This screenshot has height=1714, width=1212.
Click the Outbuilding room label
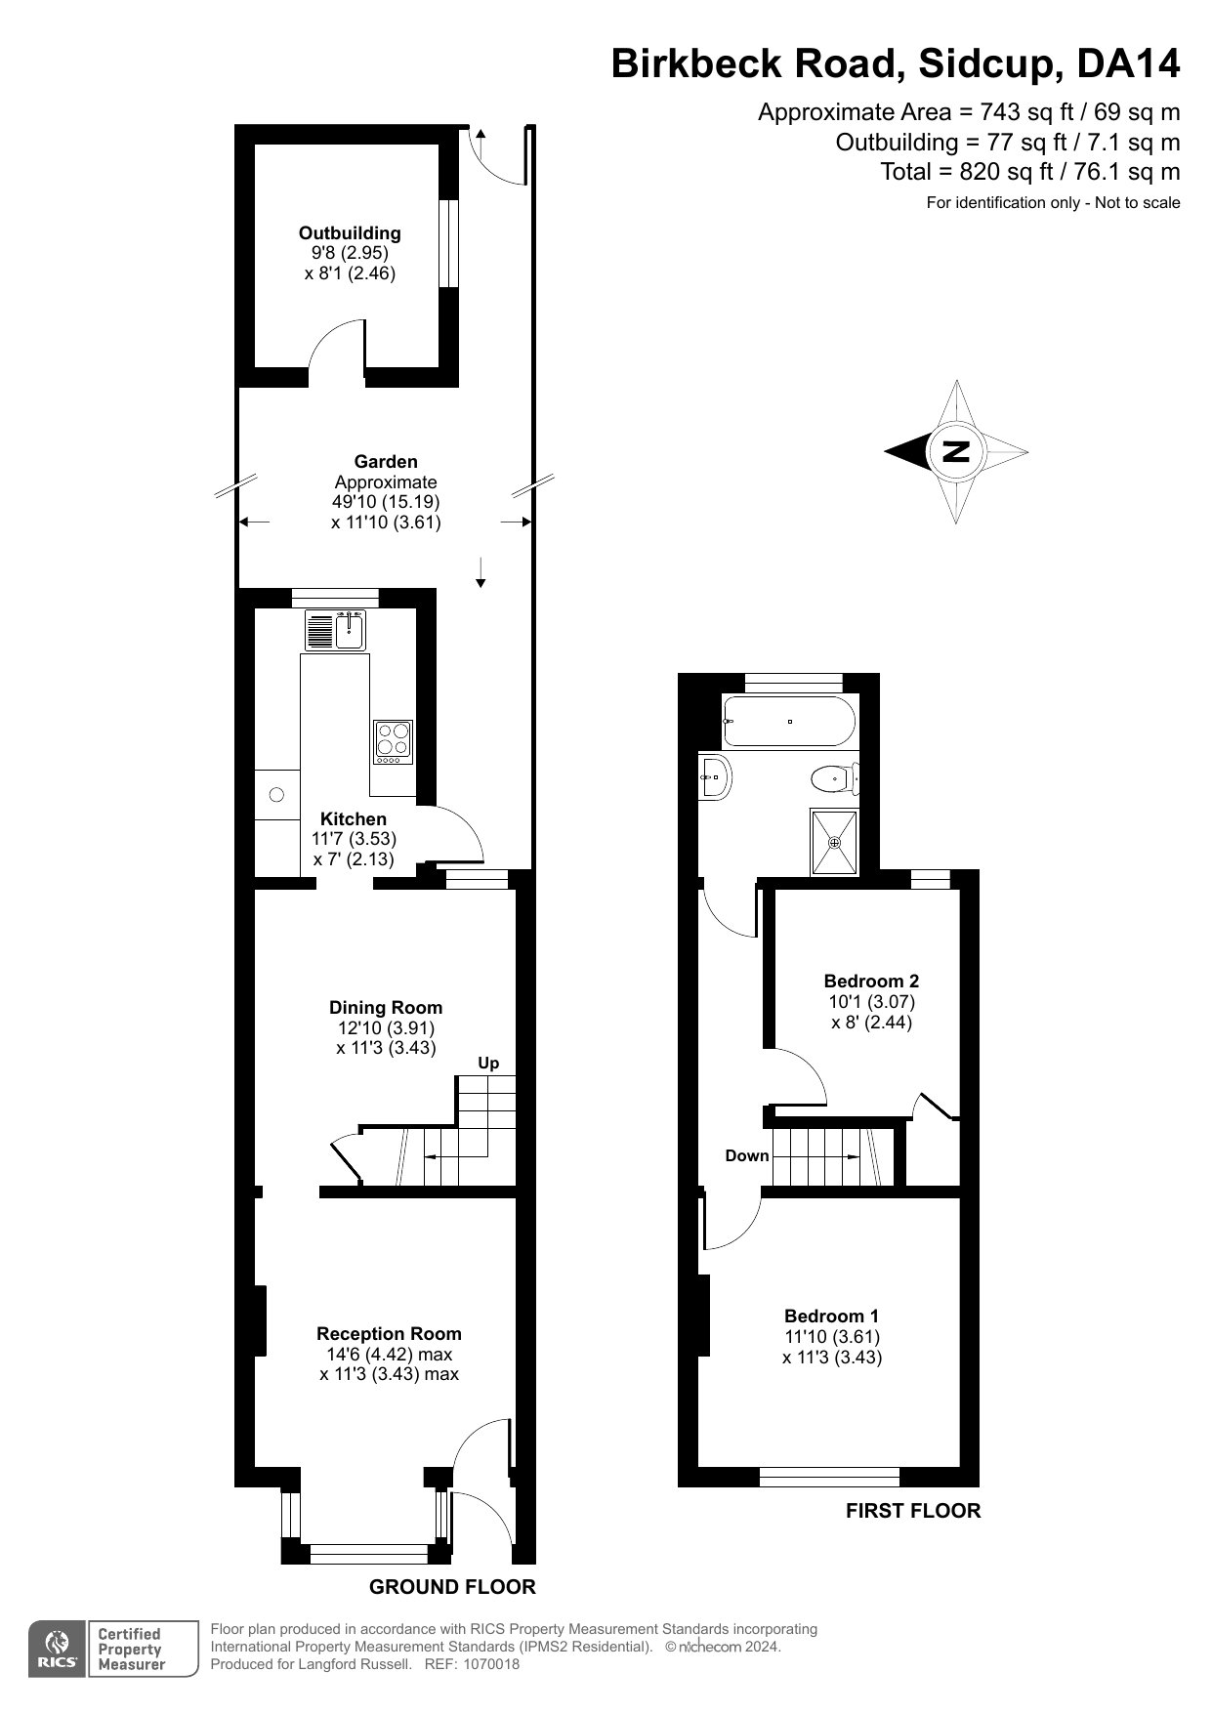(350, 233)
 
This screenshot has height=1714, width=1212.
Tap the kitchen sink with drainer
(335, 630)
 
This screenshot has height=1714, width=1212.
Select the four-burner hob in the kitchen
(393, 742)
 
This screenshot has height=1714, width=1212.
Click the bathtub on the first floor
(789, 721)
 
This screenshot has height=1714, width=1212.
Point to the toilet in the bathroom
(832, 778)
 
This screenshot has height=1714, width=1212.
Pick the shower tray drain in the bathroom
(834, 842)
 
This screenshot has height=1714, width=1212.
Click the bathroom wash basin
(715, 777)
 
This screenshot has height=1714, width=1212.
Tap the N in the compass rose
(956, 451)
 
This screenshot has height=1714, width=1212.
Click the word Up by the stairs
(488, 1063)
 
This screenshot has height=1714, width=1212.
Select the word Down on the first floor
(747, 1155)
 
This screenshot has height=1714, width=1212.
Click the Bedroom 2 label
(871, 982)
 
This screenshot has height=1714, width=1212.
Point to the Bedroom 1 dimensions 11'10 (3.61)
(832, 1337)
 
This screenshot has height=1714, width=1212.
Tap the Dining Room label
(386, 1008)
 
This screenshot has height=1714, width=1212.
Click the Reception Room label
(389, 1334)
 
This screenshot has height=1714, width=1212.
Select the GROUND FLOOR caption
(452, 1587)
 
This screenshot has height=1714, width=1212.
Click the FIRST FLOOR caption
(912, 1511)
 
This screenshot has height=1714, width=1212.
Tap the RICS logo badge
(58, 1650)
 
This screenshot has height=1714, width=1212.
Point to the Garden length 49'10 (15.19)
(386, 502)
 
